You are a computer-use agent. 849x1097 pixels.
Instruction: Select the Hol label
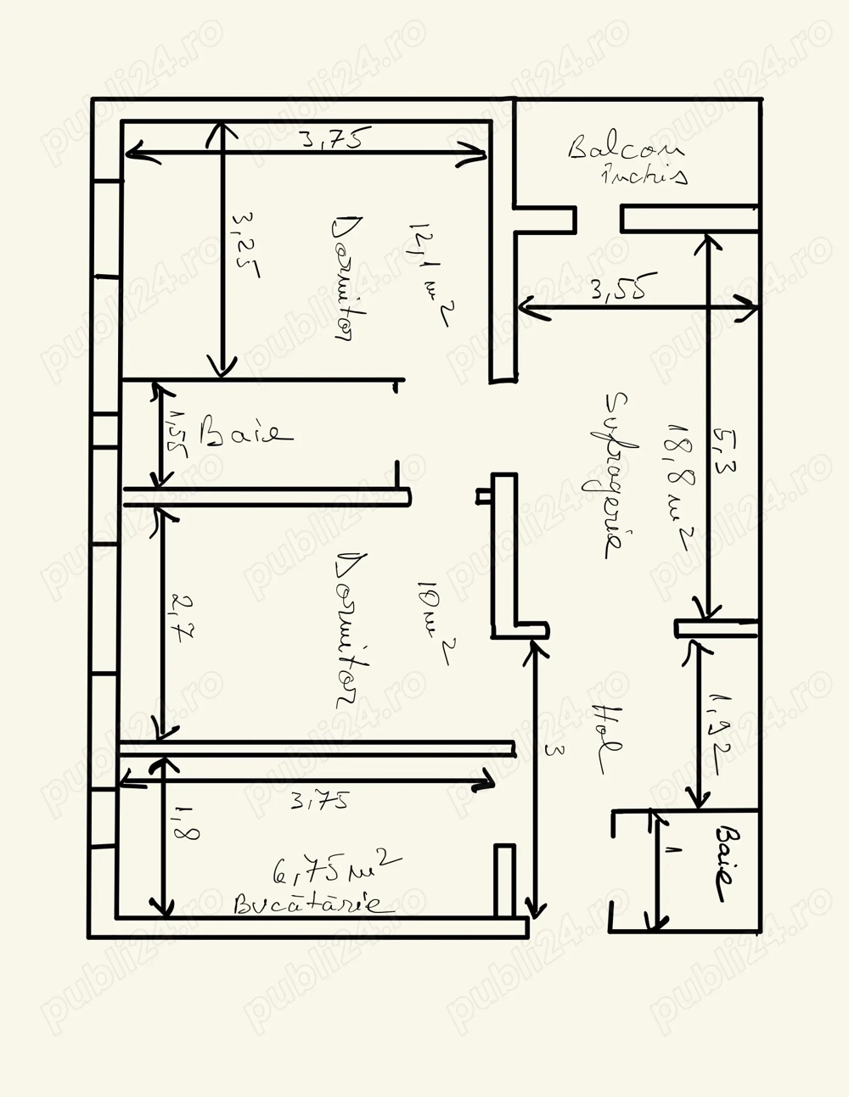coord(607,738)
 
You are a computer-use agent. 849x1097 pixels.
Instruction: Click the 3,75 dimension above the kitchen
coord(319,801)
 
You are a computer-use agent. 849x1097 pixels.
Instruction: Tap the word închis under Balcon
coord(644,176)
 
